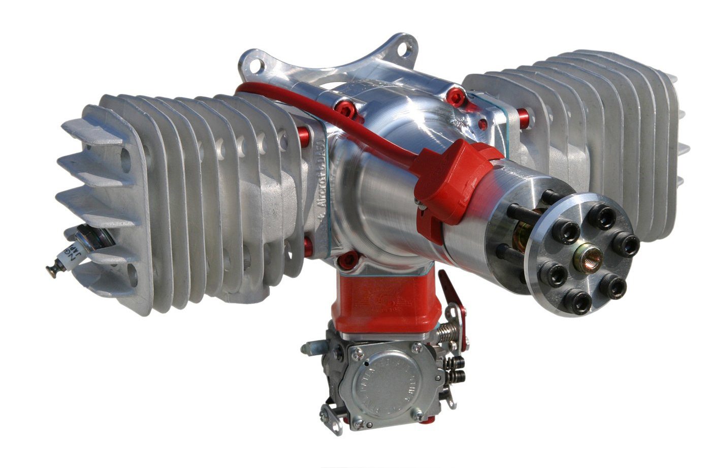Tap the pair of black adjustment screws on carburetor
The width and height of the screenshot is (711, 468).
pyautogui.click(x=458, y=369)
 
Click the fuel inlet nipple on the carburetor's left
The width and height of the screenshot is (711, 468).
pyautogui.click(x=310, y=348)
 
